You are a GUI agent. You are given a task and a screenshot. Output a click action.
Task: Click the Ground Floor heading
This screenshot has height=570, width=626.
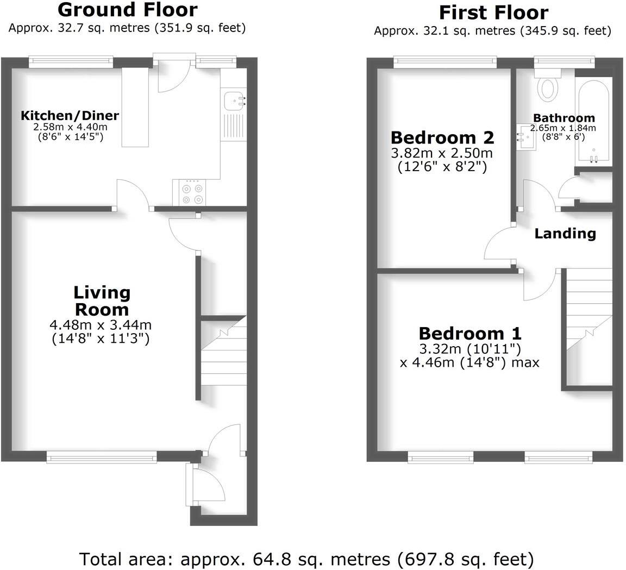point(127,10)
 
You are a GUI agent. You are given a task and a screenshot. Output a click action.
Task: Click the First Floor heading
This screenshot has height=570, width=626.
point(493,12)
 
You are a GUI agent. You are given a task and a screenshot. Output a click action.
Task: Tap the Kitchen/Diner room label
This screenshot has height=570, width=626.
point(70,116)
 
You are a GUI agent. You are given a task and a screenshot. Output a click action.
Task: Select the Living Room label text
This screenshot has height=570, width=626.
point(102,300)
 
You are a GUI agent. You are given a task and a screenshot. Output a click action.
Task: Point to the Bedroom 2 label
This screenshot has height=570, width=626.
point(442,136)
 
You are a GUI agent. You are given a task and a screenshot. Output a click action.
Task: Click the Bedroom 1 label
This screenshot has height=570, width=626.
point(469,333)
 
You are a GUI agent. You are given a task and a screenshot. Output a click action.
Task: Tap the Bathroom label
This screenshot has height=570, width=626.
point(564,118)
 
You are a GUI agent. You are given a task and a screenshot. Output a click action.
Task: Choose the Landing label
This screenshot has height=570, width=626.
point(565,234)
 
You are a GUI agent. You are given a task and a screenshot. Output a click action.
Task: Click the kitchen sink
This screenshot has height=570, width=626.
point(234,100)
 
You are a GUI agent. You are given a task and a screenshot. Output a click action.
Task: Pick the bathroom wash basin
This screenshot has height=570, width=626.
point(525,137)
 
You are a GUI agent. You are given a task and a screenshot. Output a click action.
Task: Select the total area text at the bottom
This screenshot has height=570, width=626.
point(306,559)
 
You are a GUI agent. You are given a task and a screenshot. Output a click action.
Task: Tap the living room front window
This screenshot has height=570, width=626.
point(102,457)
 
